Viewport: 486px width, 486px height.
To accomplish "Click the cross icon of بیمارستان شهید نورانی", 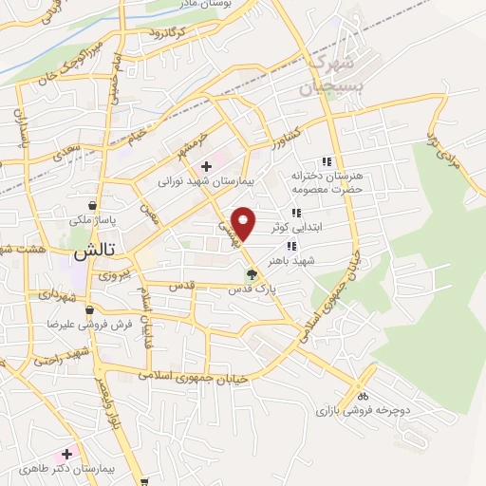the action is click(x=207, y=166).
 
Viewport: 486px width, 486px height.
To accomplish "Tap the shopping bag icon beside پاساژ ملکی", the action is click(x=92, y=205).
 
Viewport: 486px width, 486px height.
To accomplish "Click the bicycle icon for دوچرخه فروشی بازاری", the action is click(x=363, y=396).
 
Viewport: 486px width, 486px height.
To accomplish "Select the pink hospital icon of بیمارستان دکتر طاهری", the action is click(x=66, y=454).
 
